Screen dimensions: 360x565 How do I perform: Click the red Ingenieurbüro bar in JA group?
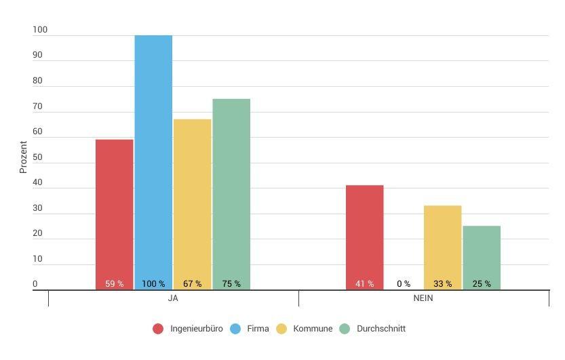click(x=114, y=210)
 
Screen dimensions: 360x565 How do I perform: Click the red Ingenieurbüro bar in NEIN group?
click(x=364, y=234)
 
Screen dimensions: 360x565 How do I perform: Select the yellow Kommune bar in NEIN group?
click(x=442, y=244)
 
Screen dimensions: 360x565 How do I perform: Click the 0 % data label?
click(x=404, y=284)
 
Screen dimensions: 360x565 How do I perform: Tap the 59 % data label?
click(x=114, y=284)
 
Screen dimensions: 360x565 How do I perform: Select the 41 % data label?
click(x=364, y=284)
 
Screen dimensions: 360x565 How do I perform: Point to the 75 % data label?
click(x=231, y=284)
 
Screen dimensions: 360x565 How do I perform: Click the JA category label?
click(x=173, y=299)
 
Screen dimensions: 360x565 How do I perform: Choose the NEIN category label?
click(x=423, y=299)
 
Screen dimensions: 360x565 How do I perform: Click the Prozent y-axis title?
click(x=23, y=157)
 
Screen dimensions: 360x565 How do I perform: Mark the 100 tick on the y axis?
click(x=40, y=30)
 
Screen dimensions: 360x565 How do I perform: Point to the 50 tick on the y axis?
click(x=37, y=157)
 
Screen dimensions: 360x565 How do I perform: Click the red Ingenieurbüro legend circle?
click(x=158, y=329)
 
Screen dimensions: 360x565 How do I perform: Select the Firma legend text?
click(x=258, y=329)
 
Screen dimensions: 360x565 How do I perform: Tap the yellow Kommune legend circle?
click(x=281, y=329)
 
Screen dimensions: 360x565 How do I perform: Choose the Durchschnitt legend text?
click(x=381, y=329)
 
